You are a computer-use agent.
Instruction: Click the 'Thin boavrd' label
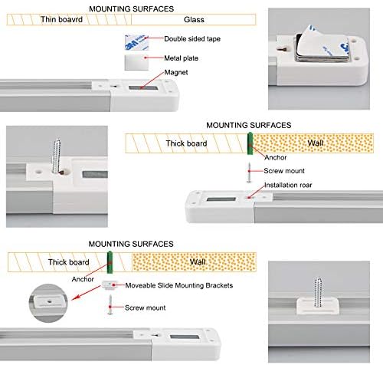pos(61,19)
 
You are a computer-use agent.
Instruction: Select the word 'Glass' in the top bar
pos(194,20)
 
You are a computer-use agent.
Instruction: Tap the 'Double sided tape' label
pos(192,39)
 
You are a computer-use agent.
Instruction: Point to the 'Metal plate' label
pos(181,58)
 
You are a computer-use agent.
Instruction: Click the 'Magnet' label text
pos(176,72)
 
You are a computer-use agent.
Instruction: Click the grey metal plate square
pos(136,62)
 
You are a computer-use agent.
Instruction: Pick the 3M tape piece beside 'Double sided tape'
pos(136,42)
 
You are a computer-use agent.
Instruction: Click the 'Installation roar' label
pos(288,185)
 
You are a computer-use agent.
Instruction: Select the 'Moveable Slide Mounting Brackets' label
pos(179,285)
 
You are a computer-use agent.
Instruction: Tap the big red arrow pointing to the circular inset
pos(86,293)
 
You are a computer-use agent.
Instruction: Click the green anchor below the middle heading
pos(250,143)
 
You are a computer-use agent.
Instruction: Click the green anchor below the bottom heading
pos(110,262)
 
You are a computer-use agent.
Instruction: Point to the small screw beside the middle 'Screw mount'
pos(249,173)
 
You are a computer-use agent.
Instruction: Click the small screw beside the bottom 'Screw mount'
pos(110,304)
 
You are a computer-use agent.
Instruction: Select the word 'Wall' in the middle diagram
pos(316,143)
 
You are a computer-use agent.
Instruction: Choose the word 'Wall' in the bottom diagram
pos(198,261)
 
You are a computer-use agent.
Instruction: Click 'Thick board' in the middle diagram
pos(186,143)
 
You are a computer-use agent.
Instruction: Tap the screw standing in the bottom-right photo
pos(318,292)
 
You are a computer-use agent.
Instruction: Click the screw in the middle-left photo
pos(57,156)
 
